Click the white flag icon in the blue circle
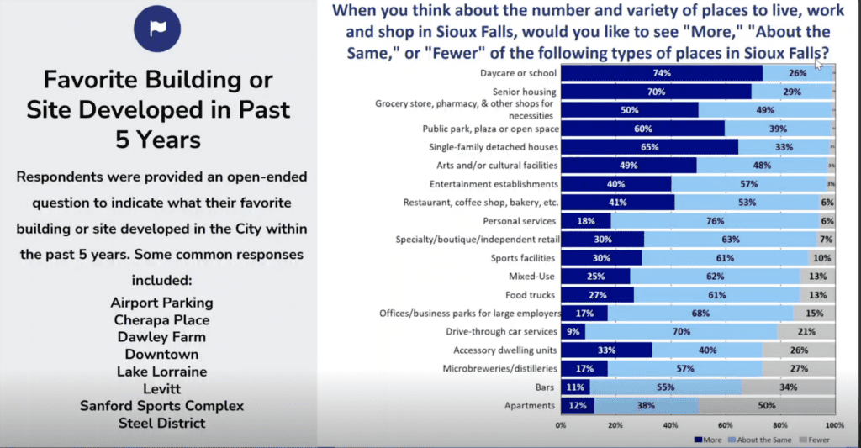[156, 29]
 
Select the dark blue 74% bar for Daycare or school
[661, 73]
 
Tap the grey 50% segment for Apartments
[766, 405]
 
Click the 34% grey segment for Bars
[789, 387]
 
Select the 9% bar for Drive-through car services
[573, 331]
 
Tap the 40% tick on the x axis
[670, 425]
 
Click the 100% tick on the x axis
[834, 425]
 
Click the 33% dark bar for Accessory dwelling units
[606, 350]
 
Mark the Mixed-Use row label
[534, 276]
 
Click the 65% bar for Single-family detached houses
[649, 146]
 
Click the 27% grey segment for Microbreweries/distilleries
[798, 368]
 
